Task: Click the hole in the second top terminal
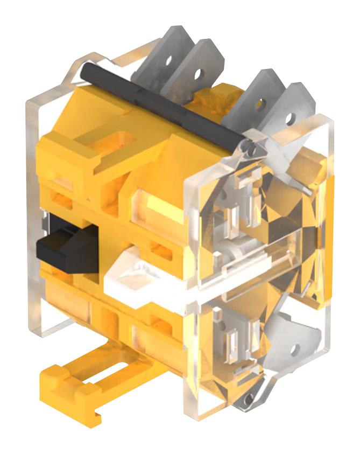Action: click(200, 71)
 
